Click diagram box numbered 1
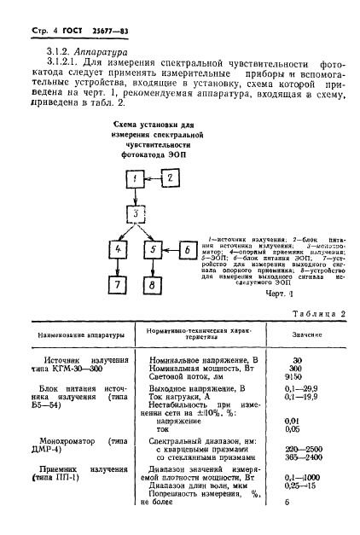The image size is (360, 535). pos(133,178)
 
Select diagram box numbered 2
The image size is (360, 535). pos(169,177)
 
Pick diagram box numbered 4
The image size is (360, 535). pos(119,250)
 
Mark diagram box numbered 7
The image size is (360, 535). pos(119,286)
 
